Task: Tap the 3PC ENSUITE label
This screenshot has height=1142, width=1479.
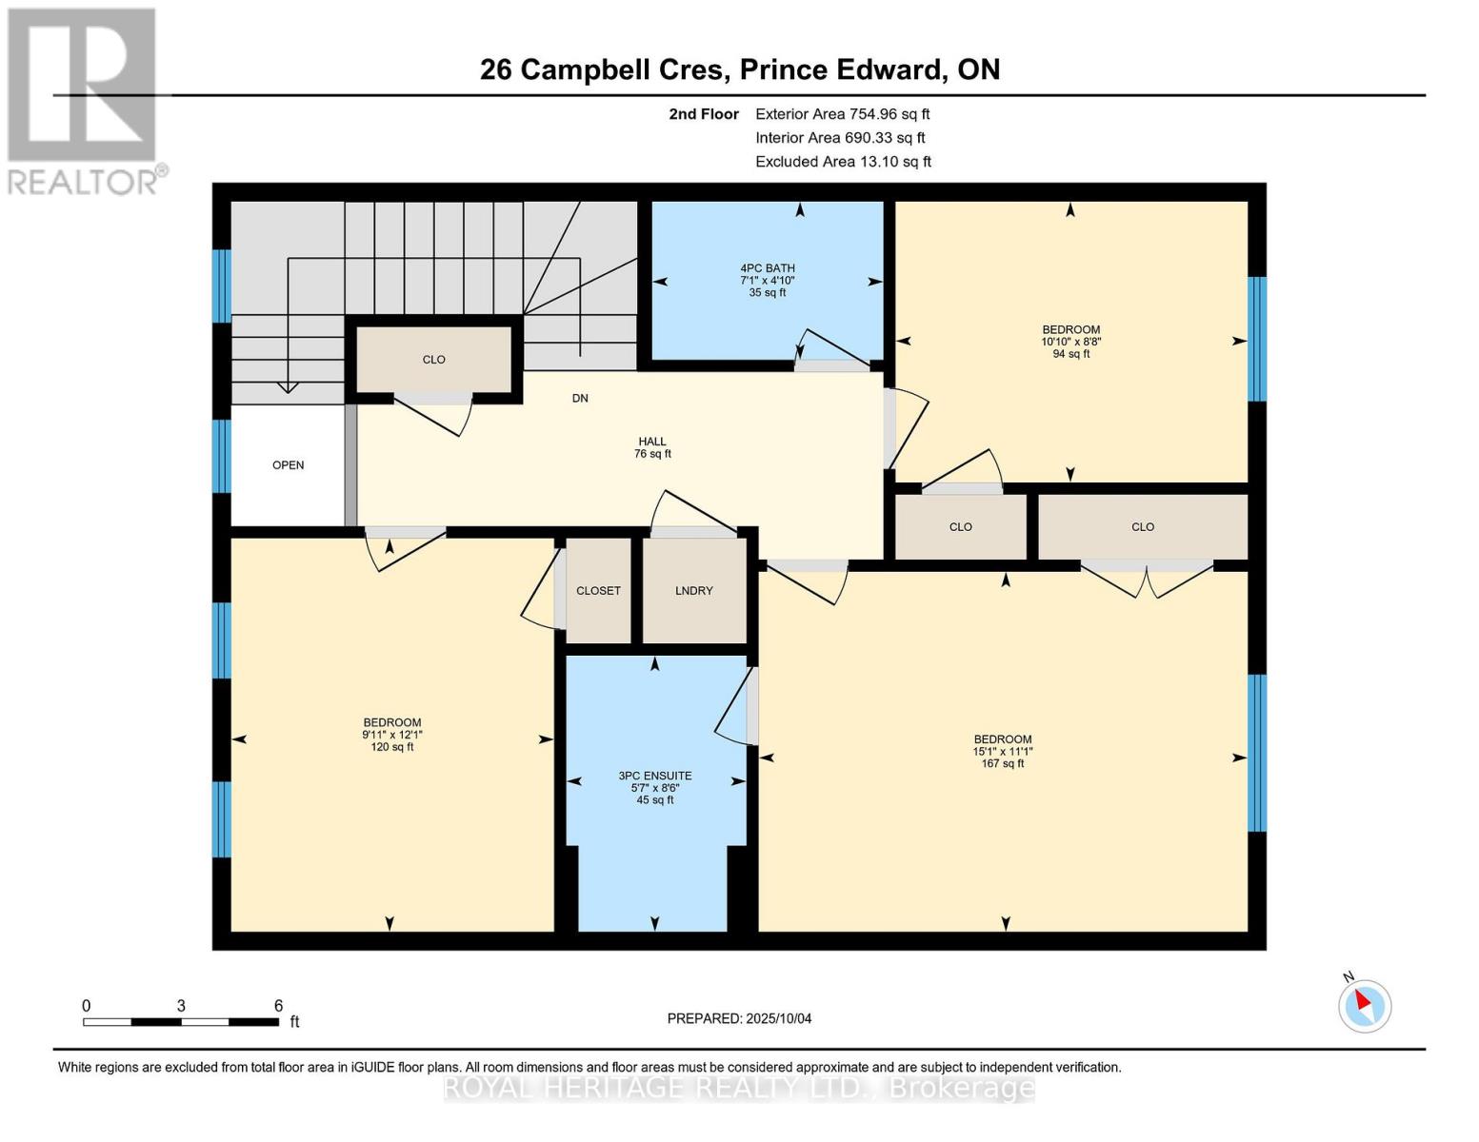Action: [x=655, y=788]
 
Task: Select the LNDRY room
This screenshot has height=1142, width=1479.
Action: [x=694, y=591]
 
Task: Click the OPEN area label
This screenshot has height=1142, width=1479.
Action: [x=289, y=465]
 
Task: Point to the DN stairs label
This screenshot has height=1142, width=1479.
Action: [x=580, y=398]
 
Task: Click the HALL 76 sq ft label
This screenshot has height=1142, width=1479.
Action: [x=652, y=447]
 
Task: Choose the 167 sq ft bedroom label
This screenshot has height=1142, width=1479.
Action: [x=1003, y=751]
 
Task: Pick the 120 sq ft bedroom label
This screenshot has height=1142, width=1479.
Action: [x=391, y=735]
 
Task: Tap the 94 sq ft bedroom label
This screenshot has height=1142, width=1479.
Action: [x=1070, y=342]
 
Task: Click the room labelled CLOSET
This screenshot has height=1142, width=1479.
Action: [x=598, y=591]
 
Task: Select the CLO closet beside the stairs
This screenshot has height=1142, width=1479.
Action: [x=434, y=360]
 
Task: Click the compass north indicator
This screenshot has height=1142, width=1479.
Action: [x=1365, y=1004]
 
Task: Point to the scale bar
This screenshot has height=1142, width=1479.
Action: [x=181, y=1022]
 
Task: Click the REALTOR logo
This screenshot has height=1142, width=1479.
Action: [x=84, y=100]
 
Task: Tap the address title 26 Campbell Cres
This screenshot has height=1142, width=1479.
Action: [x=739, y=69]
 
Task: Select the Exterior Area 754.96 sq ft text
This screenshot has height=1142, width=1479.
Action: [x=842, y=114]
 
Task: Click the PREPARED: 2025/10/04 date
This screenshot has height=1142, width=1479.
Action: [x=739, y=1018]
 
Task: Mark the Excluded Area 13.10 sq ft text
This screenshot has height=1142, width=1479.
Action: [x=843, y=162]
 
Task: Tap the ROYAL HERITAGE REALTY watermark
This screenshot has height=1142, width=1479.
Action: [x=739, y=1087]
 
